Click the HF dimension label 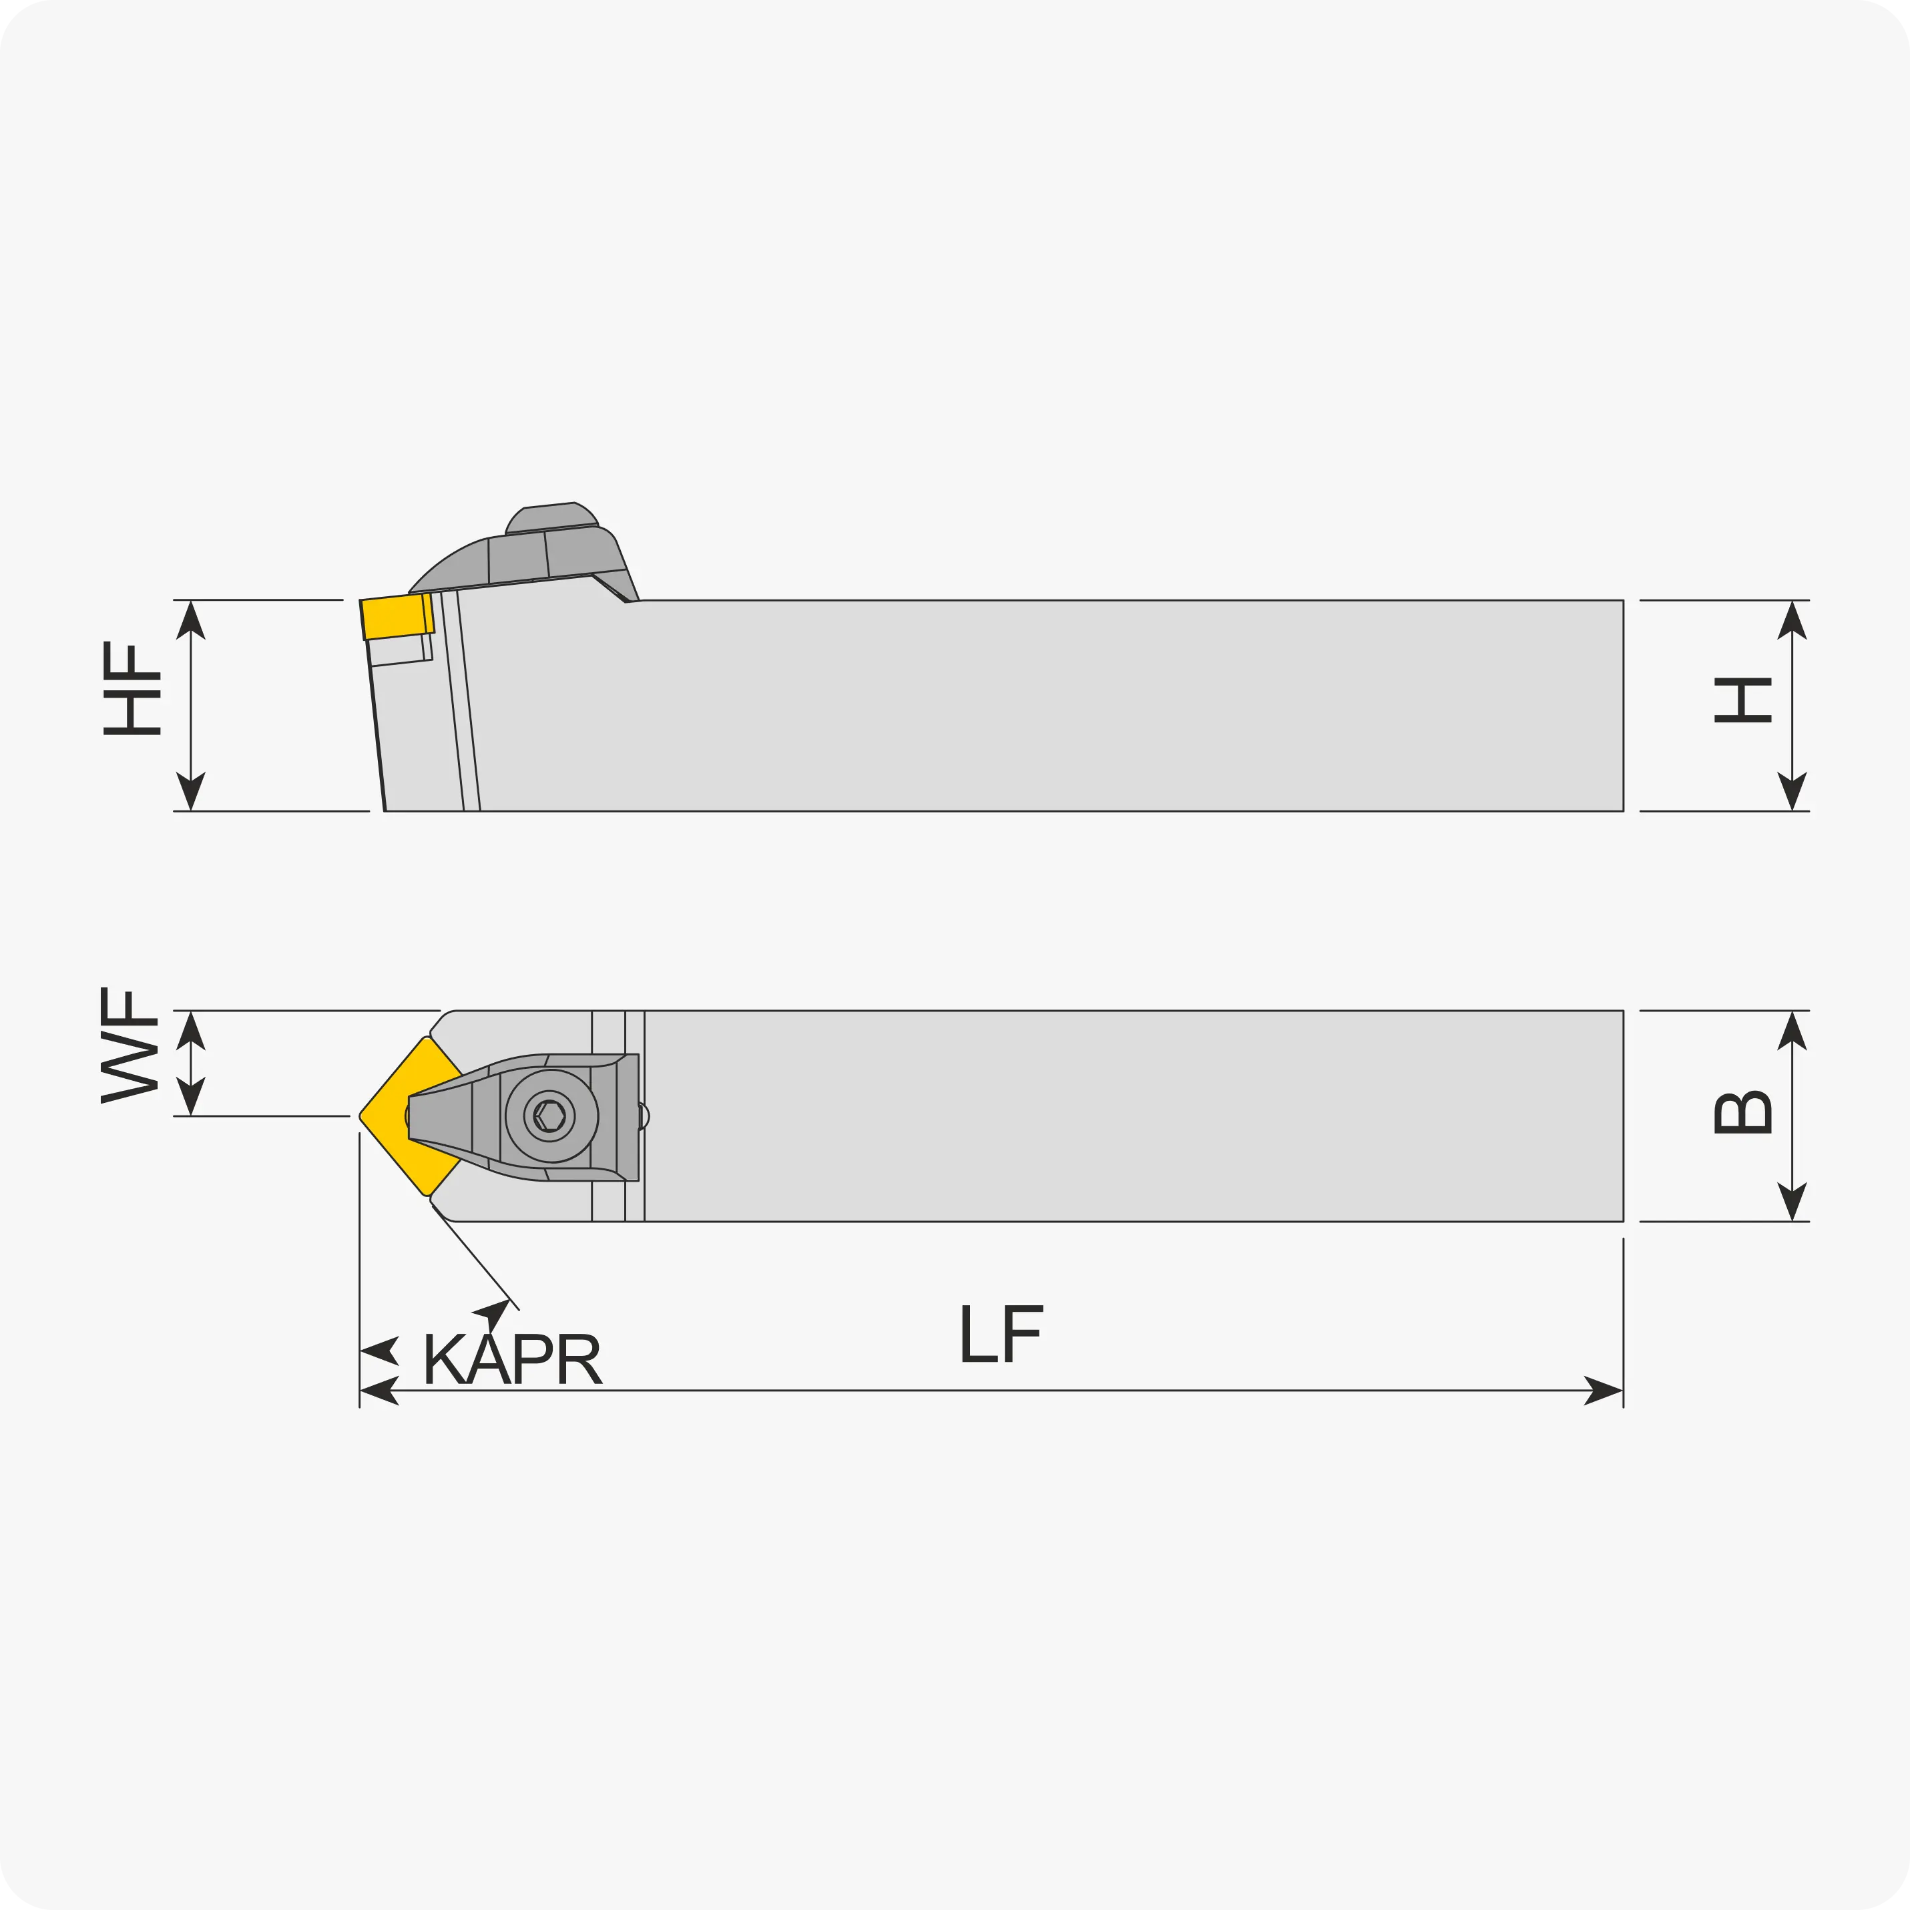132,688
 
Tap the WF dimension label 130,1045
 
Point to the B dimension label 1743,1112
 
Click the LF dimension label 1001,1334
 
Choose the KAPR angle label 512,1359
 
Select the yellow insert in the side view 397,616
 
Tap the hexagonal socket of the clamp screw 549,1116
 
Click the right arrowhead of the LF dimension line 1604,1390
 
